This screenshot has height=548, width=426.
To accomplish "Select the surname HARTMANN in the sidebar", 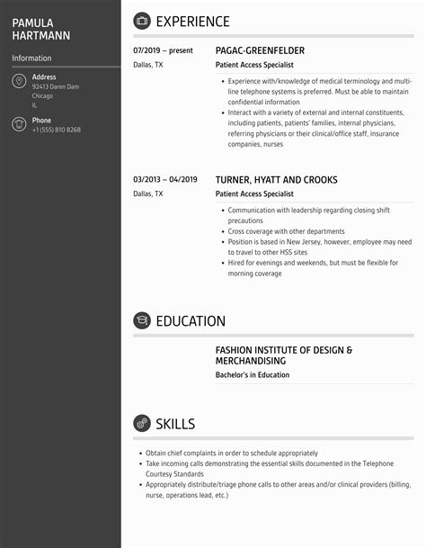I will click(41, 35).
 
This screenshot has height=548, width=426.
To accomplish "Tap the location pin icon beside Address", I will click(19, 82).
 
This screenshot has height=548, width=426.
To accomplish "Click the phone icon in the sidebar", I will click(19, 124).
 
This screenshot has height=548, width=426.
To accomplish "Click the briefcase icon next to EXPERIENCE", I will click(142, 21).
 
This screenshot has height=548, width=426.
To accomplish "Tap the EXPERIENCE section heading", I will click(192, 22).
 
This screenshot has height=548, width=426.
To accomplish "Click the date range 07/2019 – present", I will click(163, 51).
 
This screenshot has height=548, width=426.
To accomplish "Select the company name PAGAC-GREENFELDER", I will click(260, 51).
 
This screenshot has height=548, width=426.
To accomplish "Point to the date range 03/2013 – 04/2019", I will click(164, 180).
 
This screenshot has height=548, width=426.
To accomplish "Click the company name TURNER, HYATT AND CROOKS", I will click(277, 180).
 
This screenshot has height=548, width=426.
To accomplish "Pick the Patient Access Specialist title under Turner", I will click(254, 193).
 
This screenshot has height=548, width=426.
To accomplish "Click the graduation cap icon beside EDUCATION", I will click(142, 320).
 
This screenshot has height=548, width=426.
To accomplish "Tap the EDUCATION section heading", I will click(191, 321).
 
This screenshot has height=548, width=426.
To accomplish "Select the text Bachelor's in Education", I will click(253, 375).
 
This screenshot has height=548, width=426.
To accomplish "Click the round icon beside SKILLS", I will click(142, 423).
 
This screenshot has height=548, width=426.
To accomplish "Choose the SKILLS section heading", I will click(175, 424).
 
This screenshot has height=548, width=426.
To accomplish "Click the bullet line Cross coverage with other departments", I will click(275, 231).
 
